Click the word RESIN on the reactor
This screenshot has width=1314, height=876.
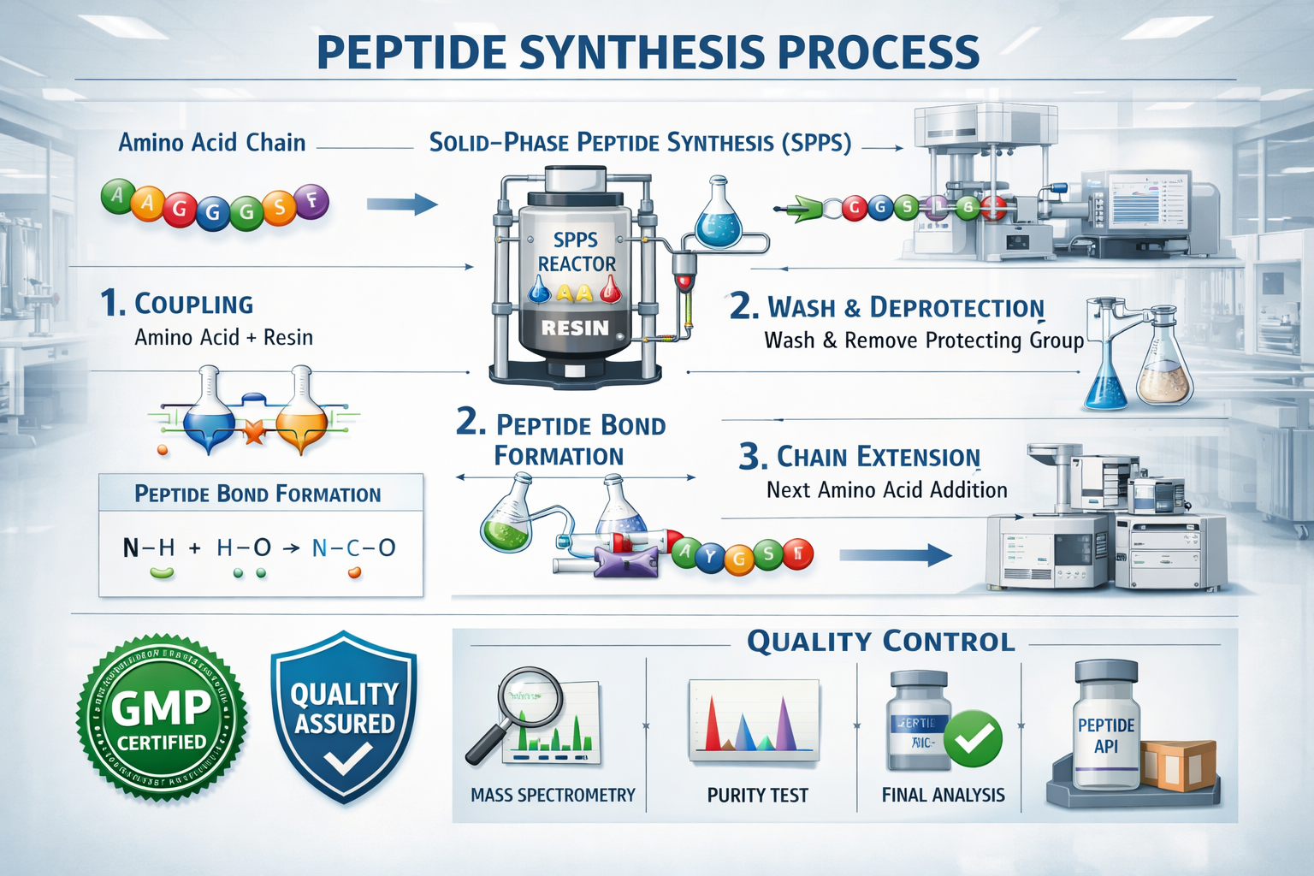[x=575, y=328]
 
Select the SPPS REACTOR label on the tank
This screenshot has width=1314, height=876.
[x=576, y=252]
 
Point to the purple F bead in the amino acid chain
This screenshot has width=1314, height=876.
[x=312, y=201]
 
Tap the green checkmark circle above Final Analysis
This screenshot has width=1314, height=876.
[x=974, y=737]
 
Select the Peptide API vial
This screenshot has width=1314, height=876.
[x=1105, y=727]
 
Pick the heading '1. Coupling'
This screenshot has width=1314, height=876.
[x=177, y=304]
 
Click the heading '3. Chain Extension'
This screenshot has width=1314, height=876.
[x=860, y=457]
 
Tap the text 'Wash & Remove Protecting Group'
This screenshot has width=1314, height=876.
[x=924, y=340]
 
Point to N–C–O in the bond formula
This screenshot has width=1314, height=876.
[x=353, y=548]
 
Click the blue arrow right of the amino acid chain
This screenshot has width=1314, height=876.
[x=401, y=204]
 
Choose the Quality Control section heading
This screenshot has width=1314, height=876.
[x=880, y=642]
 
